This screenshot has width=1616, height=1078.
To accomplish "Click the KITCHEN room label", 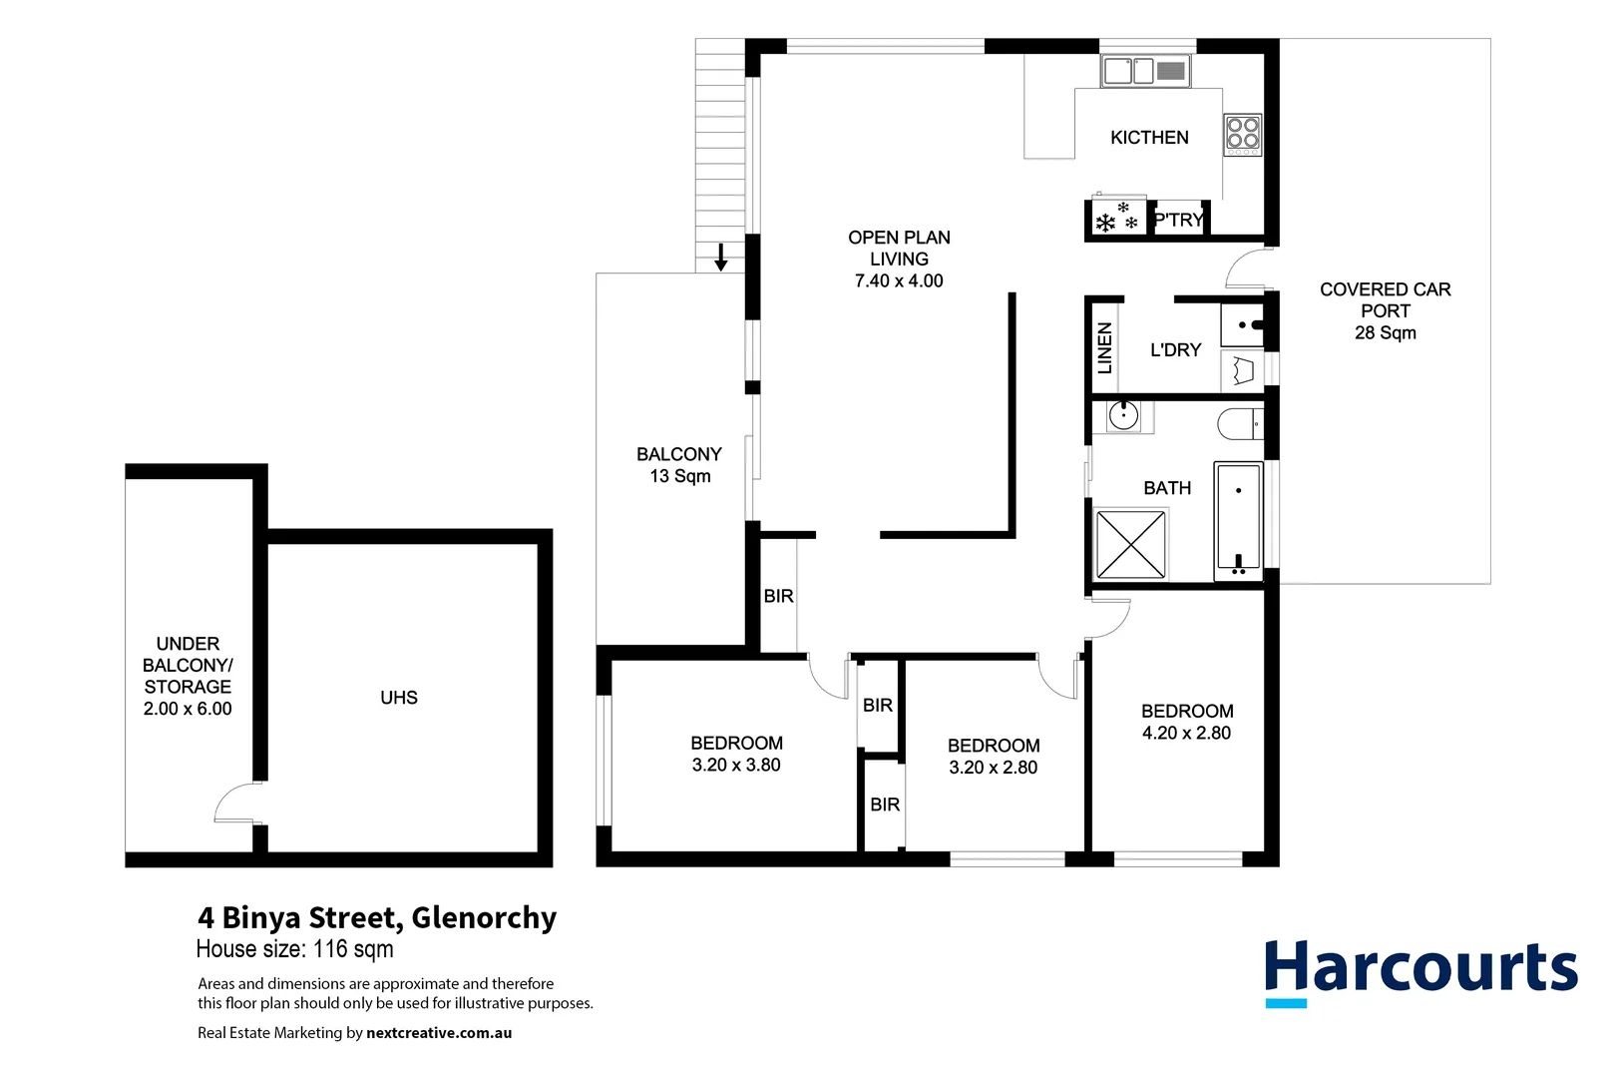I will (1149, 138).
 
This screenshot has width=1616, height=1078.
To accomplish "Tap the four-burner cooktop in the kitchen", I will (1243, 135).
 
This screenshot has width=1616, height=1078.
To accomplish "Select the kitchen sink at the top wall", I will (1144, 71).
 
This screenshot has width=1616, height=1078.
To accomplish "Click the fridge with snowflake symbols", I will (1116, 218).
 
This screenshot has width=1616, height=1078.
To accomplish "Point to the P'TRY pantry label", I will (1178, 220).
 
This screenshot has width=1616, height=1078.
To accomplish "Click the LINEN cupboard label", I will (1104, 348).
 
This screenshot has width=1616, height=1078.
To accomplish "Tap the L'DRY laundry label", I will (1175, 350).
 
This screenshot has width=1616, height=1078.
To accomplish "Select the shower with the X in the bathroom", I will (1130, 544).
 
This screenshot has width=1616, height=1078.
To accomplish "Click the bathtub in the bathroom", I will (1238, 521).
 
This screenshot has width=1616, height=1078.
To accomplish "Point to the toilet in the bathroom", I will (1240, 424).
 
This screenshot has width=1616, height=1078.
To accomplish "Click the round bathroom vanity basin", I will (1123, 415).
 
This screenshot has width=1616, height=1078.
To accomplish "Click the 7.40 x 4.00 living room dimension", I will (899, 281).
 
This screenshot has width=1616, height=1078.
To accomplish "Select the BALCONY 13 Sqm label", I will (679, 465).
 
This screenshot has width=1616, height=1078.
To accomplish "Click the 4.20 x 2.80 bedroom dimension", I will (1186, 734).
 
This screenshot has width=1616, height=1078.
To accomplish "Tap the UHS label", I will (399, 698).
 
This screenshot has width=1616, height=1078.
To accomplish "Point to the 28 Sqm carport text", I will (1385, 333).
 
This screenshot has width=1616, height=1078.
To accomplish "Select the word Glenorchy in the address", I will (484, 917).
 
